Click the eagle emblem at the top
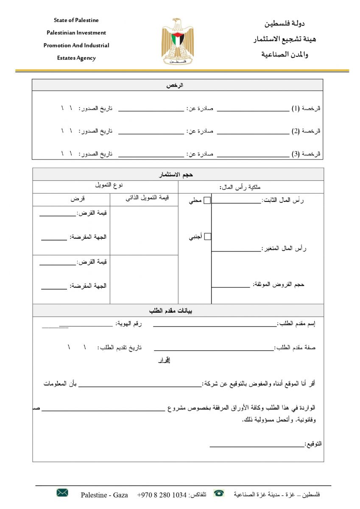[177, 41]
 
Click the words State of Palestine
[76, 20]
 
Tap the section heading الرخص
[178, 85]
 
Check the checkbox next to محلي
[207, 201]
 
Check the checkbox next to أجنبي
[207, 237]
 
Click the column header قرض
[78, 199]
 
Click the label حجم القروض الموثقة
[279, 284]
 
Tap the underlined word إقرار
[164, 361]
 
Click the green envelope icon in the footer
[62, 492]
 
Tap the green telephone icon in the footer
[219, 493]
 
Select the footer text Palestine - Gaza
[104, 495]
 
